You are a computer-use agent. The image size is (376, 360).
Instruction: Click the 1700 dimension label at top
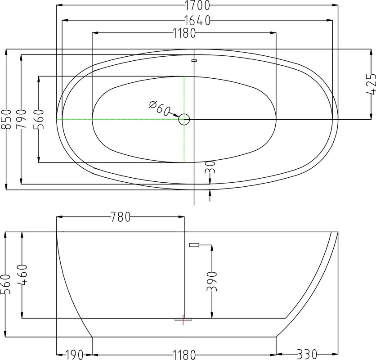[197, 5]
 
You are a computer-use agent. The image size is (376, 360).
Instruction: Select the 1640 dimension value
[197, 20]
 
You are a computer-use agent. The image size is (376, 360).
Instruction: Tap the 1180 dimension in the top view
[184, 33]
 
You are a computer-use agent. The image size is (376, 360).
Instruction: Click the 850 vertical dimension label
[6, 119]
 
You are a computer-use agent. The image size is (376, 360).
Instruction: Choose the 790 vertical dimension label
[21, 119]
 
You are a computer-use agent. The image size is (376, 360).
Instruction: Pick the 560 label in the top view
[39, 119]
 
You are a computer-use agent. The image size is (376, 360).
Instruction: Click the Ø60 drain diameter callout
[159, 108]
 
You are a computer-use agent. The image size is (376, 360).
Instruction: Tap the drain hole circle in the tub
[184, 119]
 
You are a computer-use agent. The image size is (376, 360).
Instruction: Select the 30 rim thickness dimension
[210, 167]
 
